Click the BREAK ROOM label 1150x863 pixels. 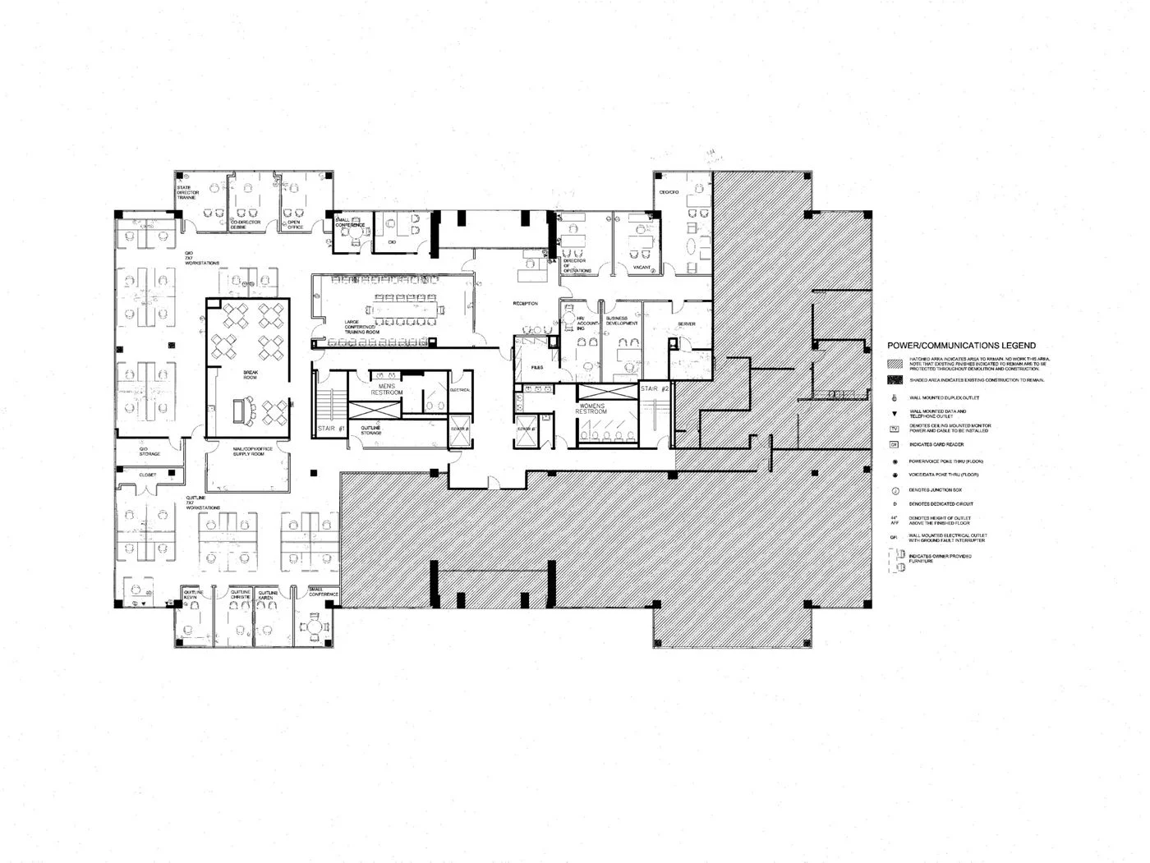(x=251, y=374)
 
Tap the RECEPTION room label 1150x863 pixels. (x=526, y=304)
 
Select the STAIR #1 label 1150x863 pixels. (x=330, y=429)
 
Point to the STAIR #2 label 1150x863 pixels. (x=654, y=388)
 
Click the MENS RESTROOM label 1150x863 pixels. (x=391, y=389)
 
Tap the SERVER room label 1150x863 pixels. (x=687, y=324)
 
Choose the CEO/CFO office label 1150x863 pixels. (x=669, y=192)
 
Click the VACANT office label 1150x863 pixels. (x=642, y=268)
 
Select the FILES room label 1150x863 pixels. (x=537, y=367)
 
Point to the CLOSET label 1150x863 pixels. (x=148, y=475)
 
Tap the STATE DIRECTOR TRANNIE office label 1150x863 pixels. (x=186, y=193)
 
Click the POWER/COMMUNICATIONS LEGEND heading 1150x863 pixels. (x=961, y=346)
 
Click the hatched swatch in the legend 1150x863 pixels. (x=894, y=362)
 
